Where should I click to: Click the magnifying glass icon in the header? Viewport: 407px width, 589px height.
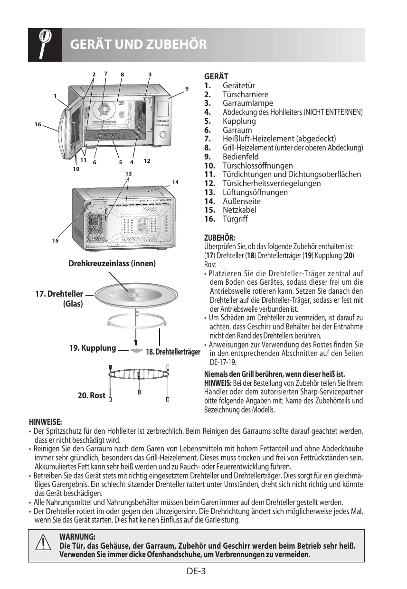[x=45, y=45]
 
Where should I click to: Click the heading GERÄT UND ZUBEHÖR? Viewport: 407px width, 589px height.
[x=138, y=45]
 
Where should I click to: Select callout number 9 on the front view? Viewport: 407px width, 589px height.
[x=187, y=89]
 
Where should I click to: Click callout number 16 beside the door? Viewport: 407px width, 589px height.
[x=38, y=124]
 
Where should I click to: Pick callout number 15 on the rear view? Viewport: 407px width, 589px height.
[x=55, y=241]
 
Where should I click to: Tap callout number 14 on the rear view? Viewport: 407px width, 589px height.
[x=175, y=182]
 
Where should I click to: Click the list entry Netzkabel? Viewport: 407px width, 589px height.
[x=239, y=210]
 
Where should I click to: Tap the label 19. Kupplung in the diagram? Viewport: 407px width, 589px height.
[x=93, y=348]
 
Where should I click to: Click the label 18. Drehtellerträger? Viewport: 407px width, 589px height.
[x=173, y=352]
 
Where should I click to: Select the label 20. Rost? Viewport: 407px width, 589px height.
[x=91, y=395]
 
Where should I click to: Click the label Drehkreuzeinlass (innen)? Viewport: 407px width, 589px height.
[x=112, y=263]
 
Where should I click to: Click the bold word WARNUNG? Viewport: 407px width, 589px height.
[x=77, y=536]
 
